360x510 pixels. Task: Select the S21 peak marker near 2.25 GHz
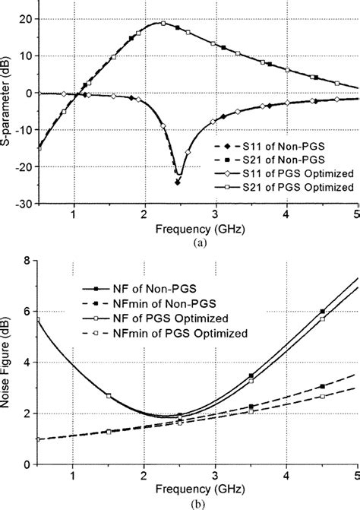coord(163,23)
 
